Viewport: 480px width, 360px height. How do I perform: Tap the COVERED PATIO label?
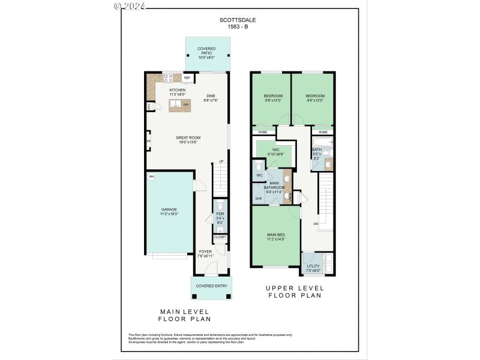coord(207,51)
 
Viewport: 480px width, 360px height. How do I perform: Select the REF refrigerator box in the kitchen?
coord(187,78)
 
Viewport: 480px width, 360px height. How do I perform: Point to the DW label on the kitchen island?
coord(186,105)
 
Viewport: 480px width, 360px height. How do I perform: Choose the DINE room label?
coord(211,96)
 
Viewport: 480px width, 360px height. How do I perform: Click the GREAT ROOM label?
coord(188,137)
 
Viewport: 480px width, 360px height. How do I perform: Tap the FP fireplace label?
coord(148,142)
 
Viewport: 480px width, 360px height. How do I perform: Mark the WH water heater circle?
coord(151,176)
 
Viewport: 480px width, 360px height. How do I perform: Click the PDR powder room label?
coord(220,213)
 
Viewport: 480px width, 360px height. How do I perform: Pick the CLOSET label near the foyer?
coord(220,237)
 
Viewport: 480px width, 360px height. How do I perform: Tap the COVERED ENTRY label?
coord(212,286)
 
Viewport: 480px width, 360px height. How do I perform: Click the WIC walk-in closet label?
coord(276,149)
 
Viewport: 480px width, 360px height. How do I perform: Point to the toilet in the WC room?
coord(257,165)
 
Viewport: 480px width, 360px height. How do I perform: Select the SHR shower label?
coord(259,198)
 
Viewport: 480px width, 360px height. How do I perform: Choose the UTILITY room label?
coord(313,266)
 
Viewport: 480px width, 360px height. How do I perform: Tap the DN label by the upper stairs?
coord(316,224)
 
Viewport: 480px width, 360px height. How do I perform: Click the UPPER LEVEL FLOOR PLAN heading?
coord(295,292)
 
